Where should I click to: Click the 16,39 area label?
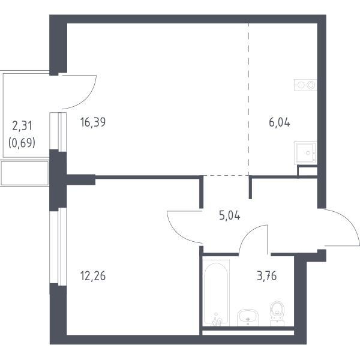coord(93,122)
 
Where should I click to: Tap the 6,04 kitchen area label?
coord(280,122)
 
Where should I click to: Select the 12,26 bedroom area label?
coord(93,276)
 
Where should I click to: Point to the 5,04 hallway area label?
coord(230,215)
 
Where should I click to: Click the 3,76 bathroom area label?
coord(267,276)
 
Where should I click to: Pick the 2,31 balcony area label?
coord(22,126)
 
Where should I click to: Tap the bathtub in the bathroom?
coord(216,293)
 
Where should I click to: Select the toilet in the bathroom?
coord(277,313)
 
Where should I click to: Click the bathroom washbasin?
coord(248,317)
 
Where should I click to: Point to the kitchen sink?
coord(306,152)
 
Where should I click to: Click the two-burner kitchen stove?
coord(305,85)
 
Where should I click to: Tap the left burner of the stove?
coord(301,85)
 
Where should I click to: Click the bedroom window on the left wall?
coord(58,247)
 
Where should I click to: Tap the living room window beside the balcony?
coord(58,132)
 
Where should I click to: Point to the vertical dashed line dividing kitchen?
coord(249,99)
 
